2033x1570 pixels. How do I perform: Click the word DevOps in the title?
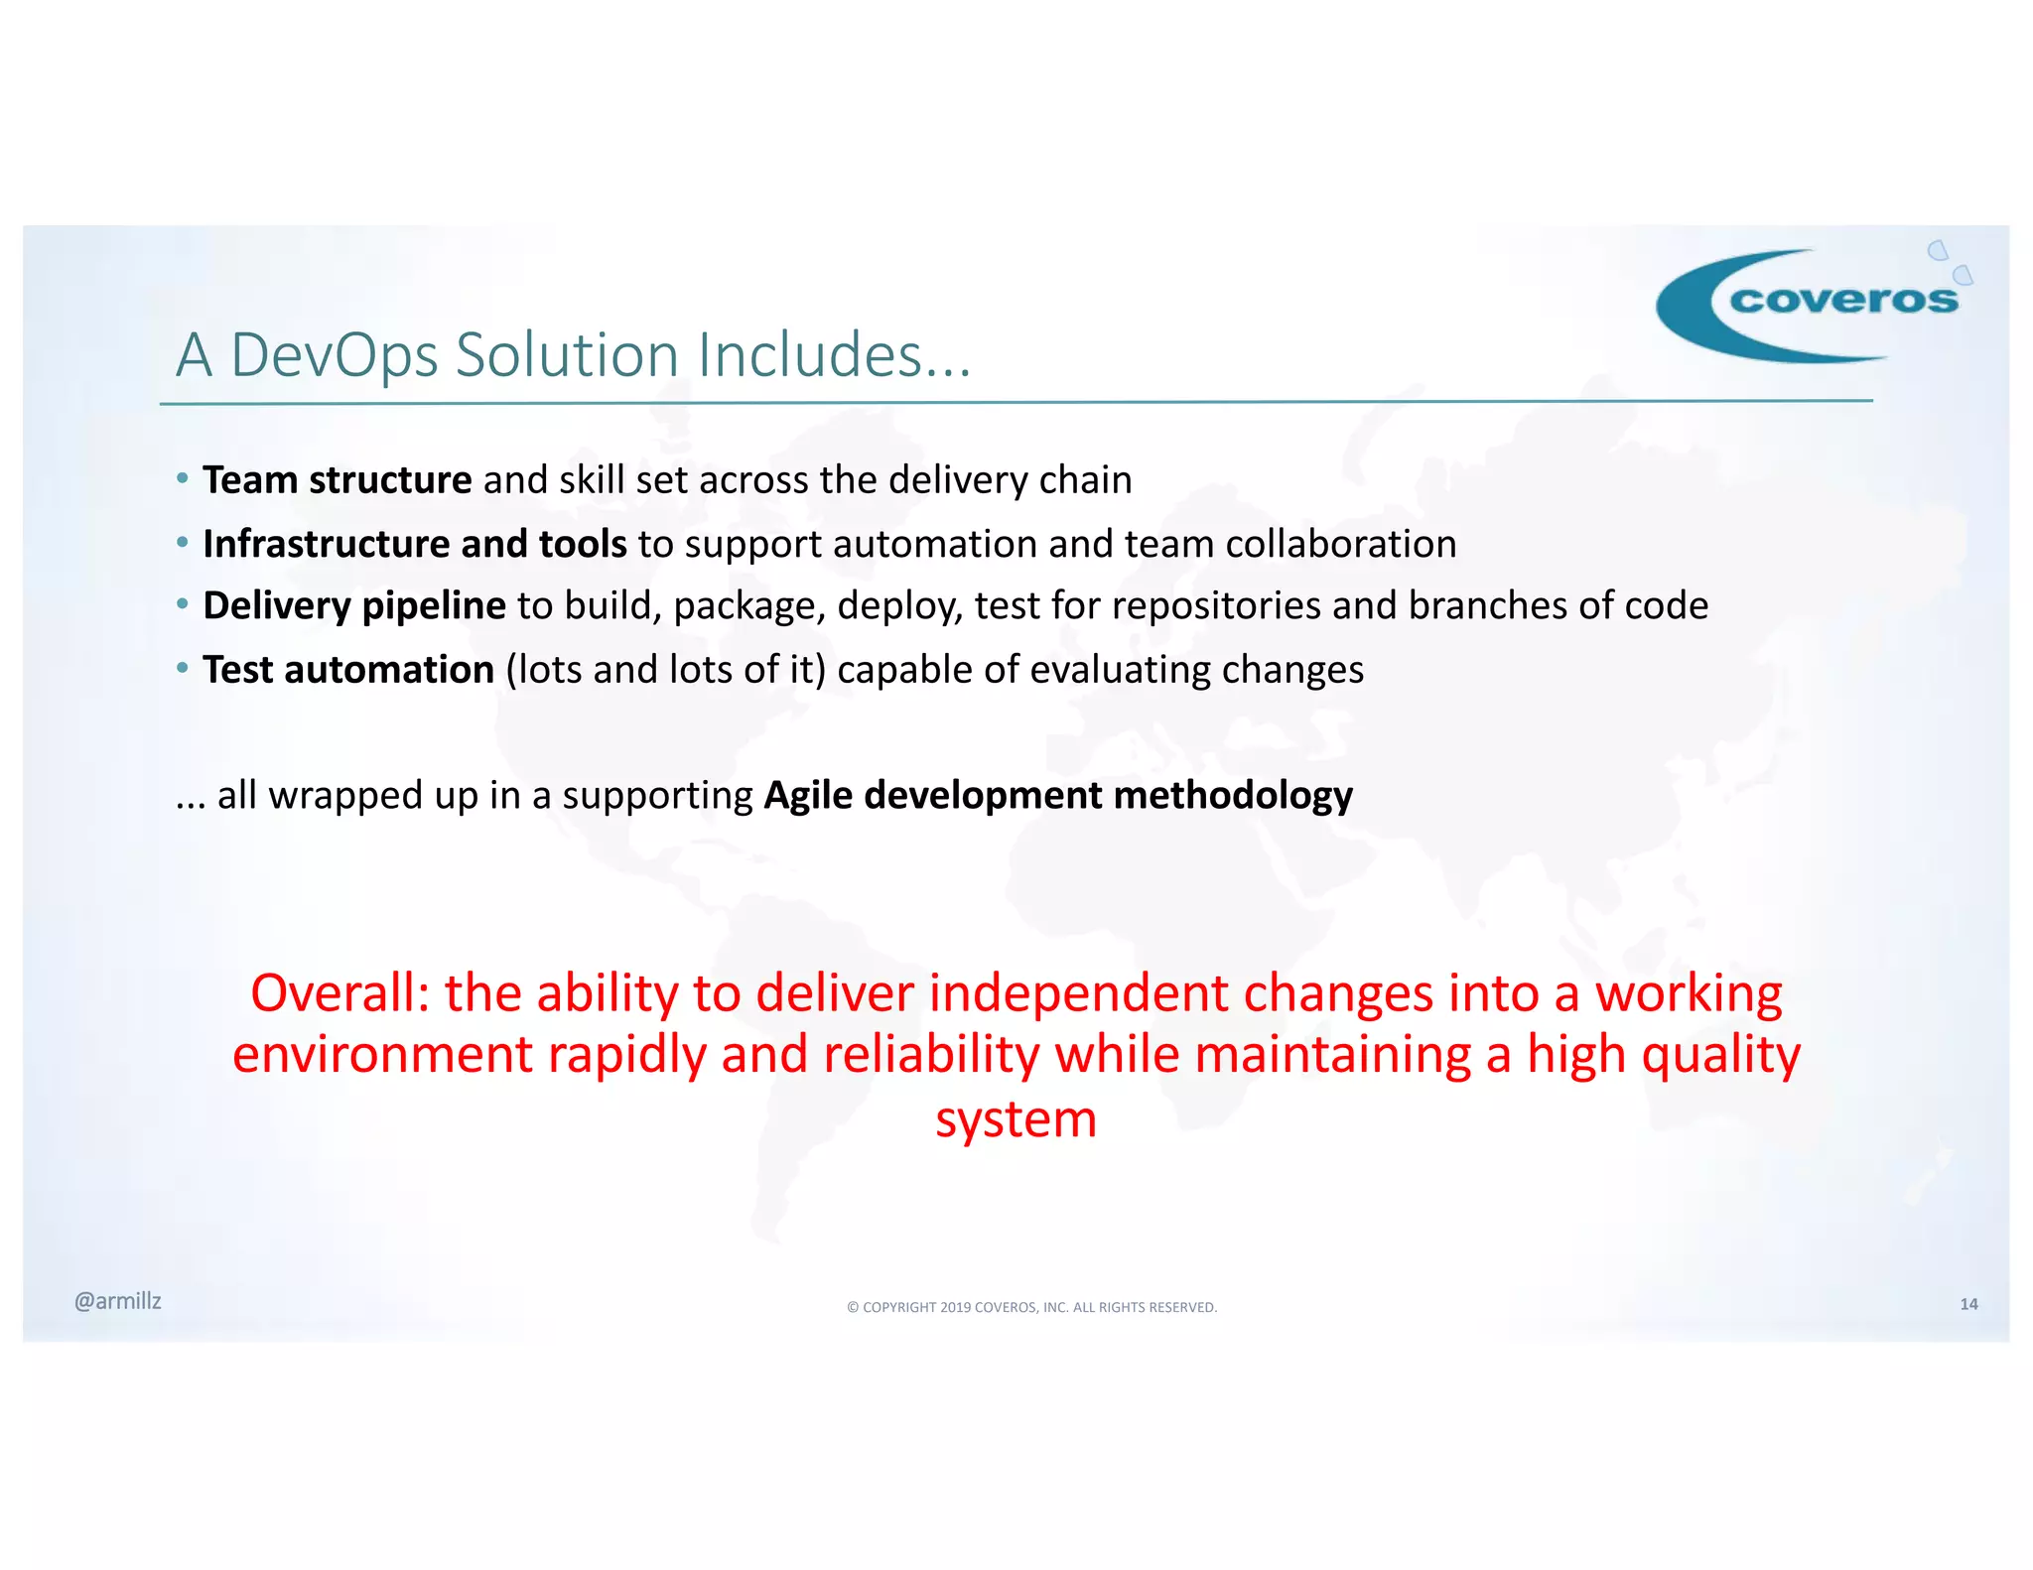(334, 355)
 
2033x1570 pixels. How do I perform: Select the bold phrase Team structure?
(337, 480)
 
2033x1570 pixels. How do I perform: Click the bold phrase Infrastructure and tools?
(414, 544)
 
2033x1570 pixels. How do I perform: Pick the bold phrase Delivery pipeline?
(353, 606)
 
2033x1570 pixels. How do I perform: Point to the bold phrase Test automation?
(347, 670)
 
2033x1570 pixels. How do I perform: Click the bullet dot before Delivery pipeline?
(182, 604)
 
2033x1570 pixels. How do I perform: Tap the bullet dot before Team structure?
(182, 479)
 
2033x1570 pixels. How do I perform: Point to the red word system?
(1016, 1119)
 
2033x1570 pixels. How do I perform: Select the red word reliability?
(931, 1055)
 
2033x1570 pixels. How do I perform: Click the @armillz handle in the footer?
(117, 1301)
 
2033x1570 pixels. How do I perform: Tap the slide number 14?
(1968, 1304)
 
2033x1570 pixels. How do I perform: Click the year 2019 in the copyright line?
(955, 1308)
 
